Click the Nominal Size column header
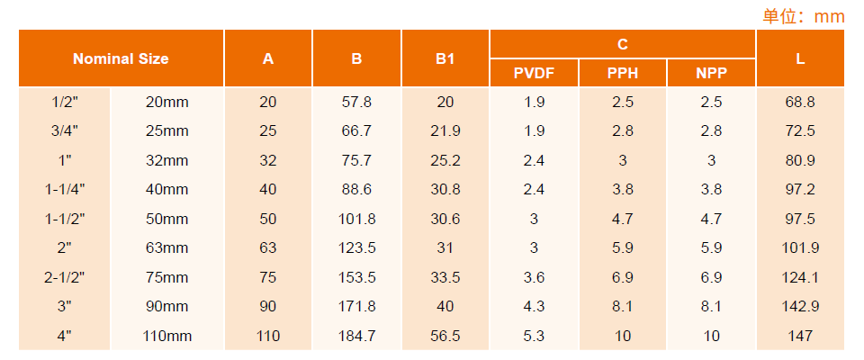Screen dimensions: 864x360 click(x=121, y=58)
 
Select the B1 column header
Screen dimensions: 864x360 click(x=445, y=58)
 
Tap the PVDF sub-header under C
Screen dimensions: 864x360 click(x=534, y=73)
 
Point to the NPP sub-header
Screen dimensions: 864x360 click(x=711, y=73)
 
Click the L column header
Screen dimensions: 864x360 click(x=800, y=58)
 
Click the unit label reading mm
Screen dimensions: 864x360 click(x=829, y=16)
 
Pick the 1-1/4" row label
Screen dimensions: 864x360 click(x=65, y=190)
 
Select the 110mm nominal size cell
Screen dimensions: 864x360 click(x=167, y=336)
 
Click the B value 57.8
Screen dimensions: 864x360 click(x=356, y=102)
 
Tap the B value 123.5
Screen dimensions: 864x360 click(x=356, y=248)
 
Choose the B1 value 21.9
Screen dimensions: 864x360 click(x=445, y=131)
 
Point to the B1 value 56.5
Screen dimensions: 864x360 click(x=445, y=336)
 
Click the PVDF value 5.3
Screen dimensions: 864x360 click(x=534, y=336)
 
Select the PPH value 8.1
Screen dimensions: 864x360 click(x=623, y=307)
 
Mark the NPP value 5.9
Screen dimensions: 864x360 click(x=711, y=248)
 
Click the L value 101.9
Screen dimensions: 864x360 click(x=800, y=248)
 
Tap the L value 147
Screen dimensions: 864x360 click(x=800, y=336)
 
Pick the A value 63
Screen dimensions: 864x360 click(x=268, y=248)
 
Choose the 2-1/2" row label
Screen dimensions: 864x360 click(x=65, y=277)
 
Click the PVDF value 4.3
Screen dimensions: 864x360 click(x=534, y=307)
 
